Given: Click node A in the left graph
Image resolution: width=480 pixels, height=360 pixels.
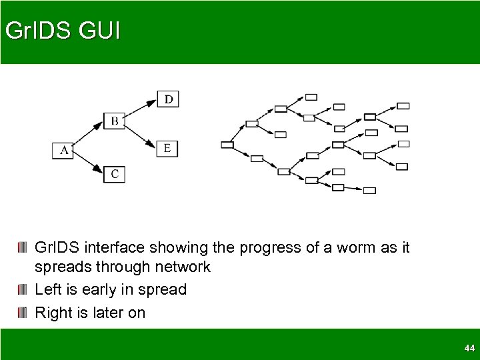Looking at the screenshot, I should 63,150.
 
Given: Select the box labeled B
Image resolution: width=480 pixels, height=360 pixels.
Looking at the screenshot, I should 115,121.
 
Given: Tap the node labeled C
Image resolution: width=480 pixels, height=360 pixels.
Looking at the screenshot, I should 115,174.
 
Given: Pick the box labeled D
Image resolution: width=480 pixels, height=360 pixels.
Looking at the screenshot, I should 169,99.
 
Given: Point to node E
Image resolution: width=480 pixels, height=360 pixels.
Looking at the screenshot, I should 167,147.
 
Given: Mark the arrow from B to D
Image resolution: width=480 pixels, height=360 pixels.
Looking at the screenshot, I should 141,110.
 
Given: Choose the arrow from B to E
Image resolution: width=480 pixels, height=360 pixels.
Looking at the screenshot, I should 141,135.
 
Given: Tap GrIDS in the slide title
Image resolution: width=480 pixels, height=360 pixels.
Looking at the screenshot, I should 33,31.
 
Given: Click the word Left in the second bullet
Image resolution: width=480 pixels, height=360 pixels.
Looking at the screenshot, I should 47,290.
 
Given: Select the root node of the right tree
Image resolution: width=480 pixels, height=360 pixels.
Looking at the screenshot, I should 227,144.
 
